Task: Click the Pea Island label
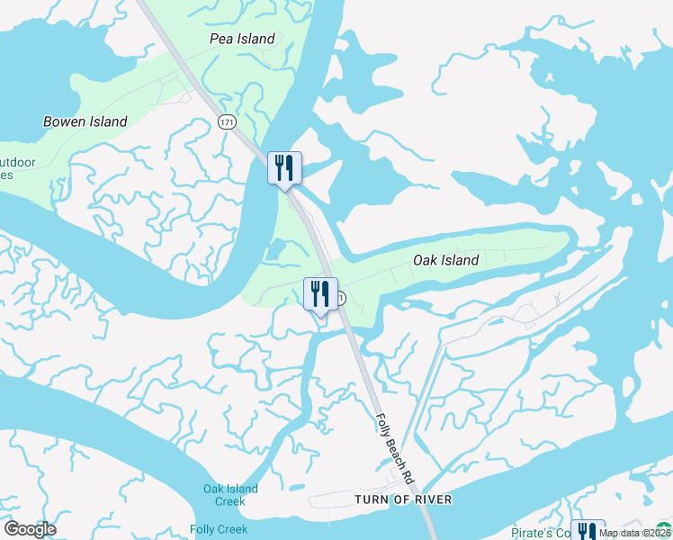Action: click(x=241, y=39)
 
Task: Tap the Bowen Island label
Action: click(x=85, y=121)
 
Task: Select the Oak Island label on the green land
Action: click(x=445, y=260)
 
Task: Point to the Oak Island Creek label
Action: click(x=230, y=495)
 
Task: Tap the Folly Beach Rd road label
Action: click(x=394, y=445)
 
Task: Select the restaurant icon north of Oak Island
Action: click(x=284, y=167)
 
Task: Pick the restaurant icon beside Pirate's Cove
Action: click(x=587, y=531)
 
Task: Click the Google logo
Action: click(x=30, y=529)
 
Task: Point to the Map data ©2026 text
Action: click(x=634, y=533)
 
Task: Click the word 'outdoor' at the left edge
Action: click(x=18, y=163)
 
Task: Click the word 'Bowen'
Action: click(x=64, y=121)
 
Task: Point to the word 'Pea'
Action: click(x=221, y=39)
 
